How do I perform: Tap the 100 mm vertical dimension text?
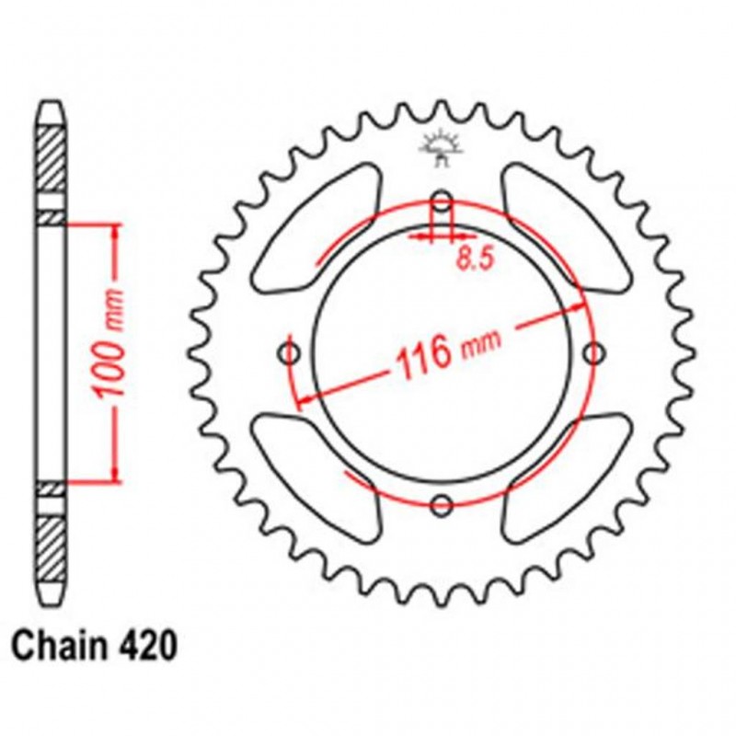click(111, 352)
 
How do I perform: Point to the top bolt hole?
click(443, 201)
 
